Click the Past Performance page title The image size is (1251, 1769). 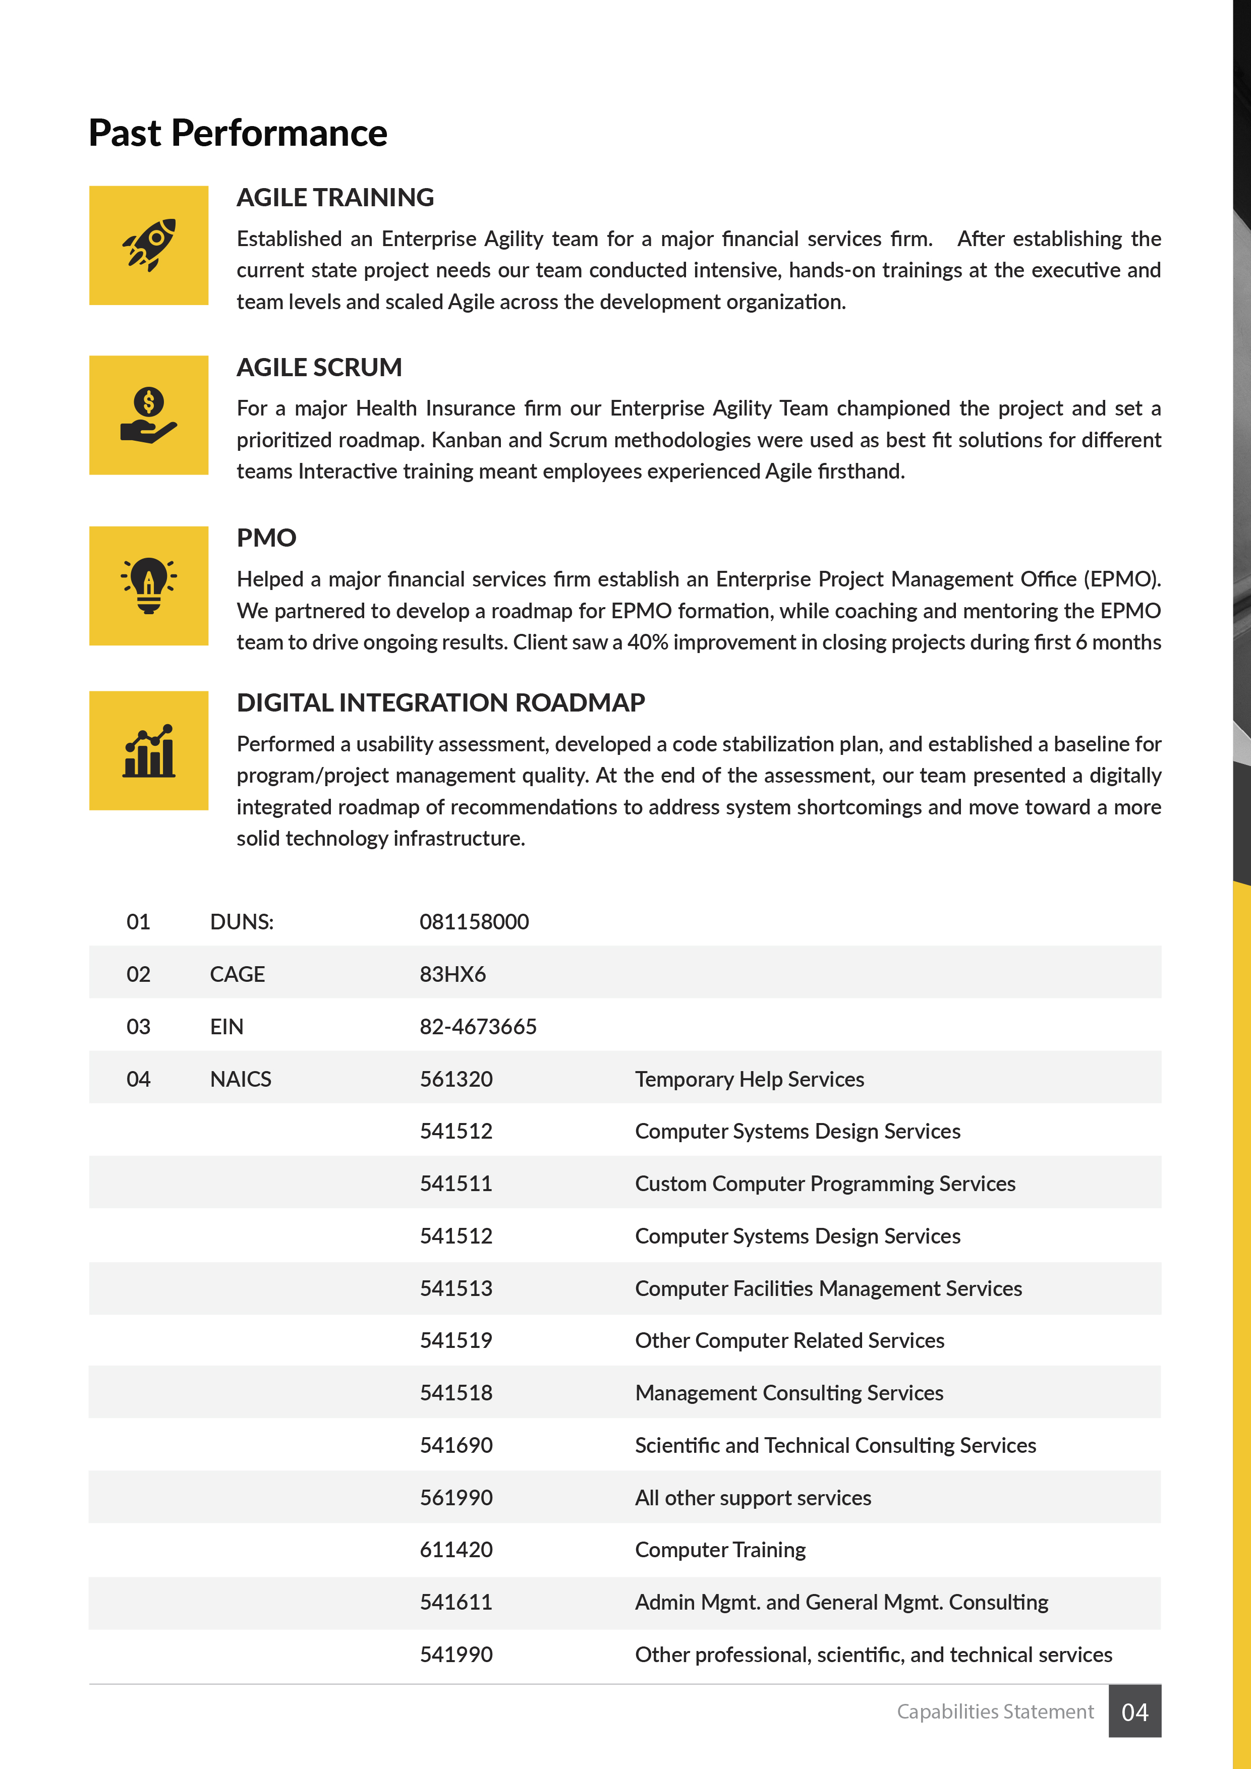pyautogui.click(x=238, y=133)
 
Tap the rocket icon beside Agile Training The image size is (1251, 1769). pyautogui.click(x=149, y=245)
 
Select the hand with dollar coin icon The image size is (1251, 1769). pyautogui.click(x=149, y=416)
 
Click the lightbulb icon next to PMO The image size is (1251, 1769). pyautogui.click(x=149, y=585)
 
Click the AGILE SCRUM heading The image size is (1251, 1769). pyautogui.click(x=319, y=368)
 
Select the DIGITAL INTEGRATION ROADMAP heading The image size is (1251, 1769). pyautogui.click(x=440, y=702)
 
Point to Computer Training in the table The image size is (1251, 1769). pyautogui.click(x=720, y=1550)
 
